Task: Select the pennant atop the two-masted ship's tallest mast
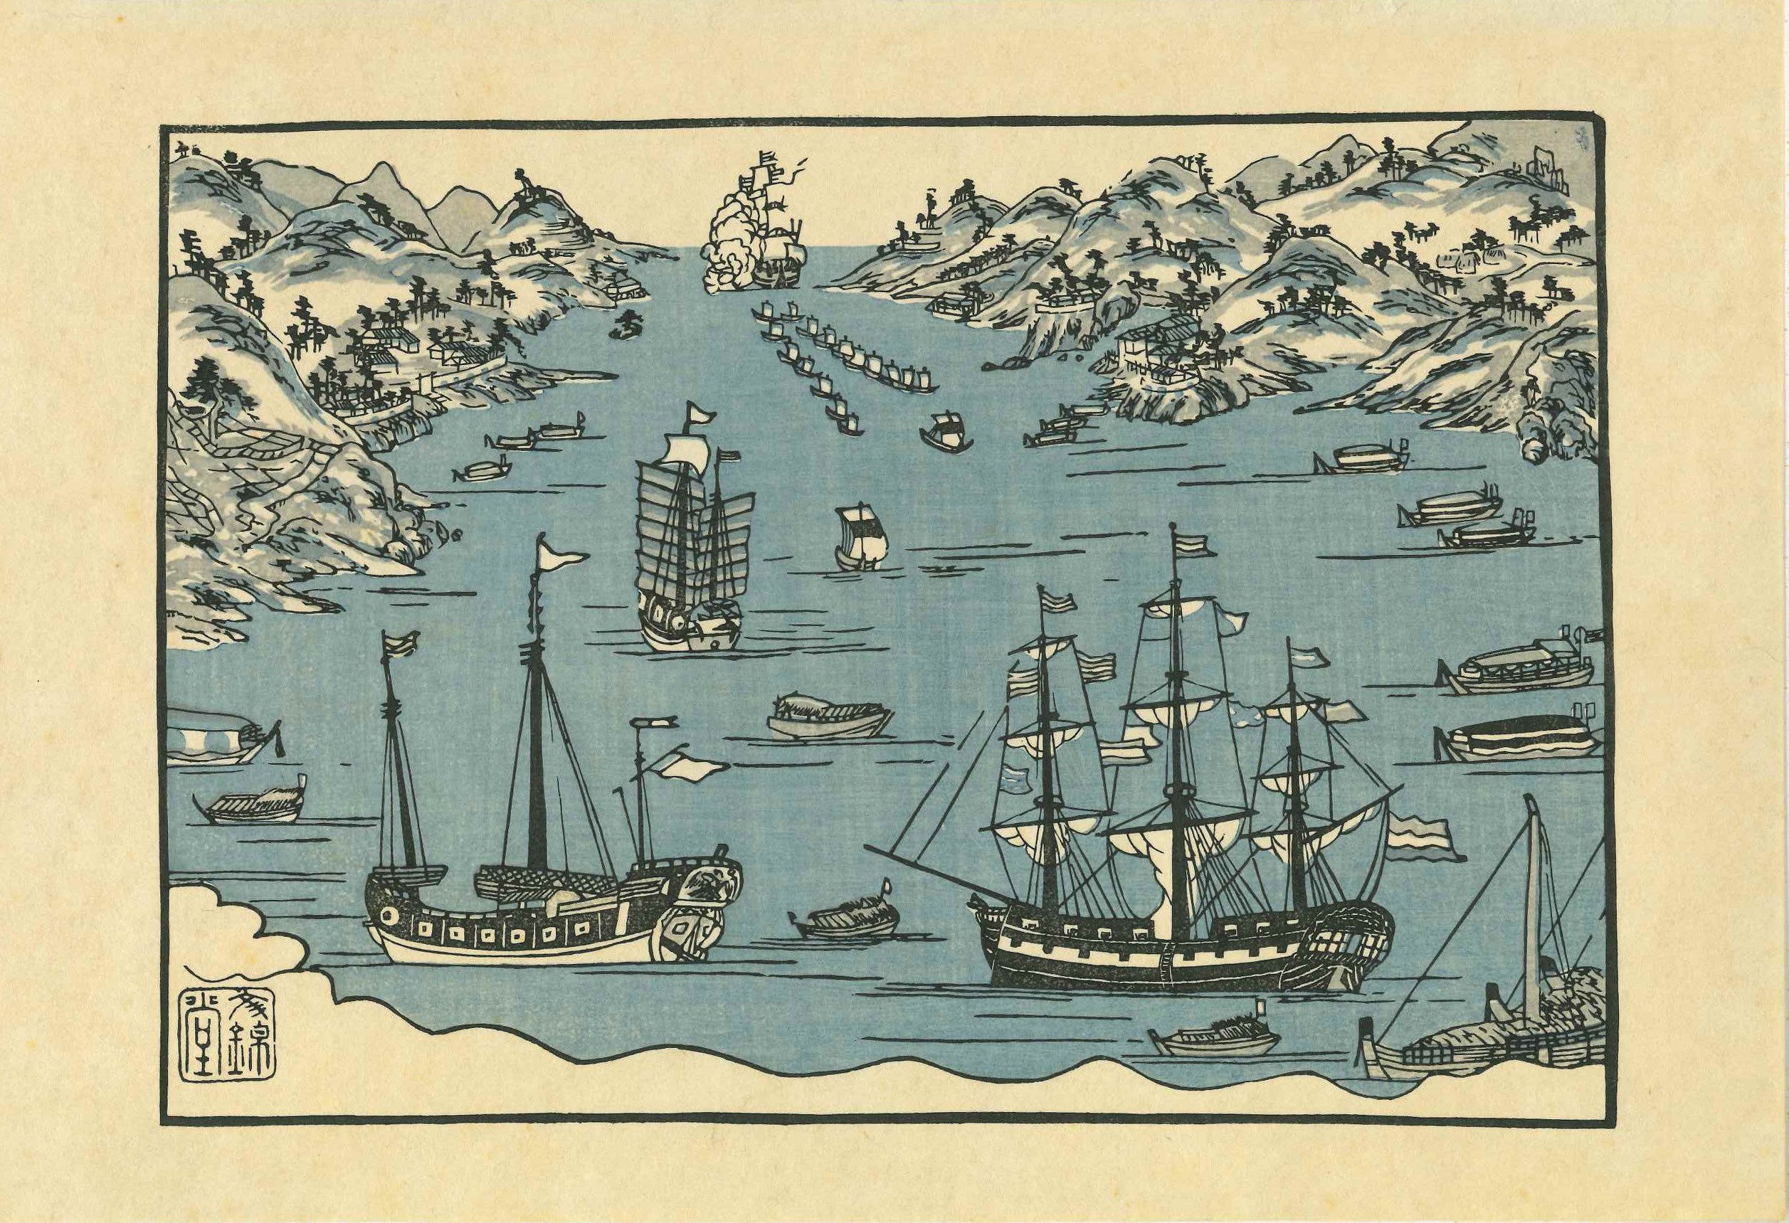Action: pyautogui.click(x=562, y=552)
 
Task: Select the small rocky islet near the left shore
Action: pyautogui.click(x=628, y=327)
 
